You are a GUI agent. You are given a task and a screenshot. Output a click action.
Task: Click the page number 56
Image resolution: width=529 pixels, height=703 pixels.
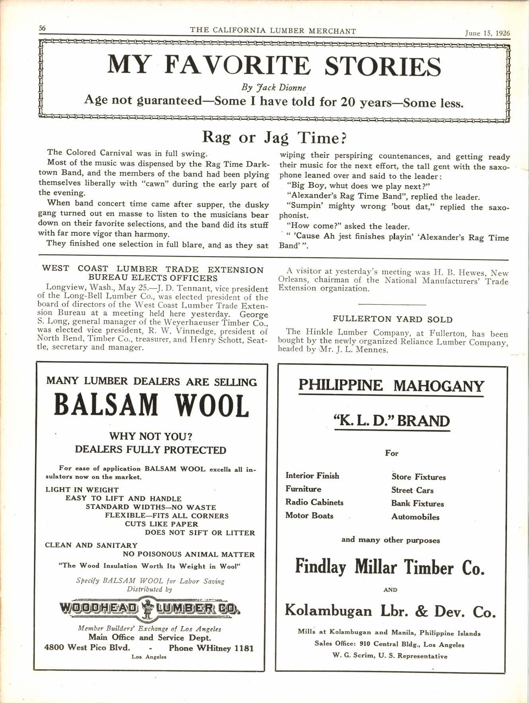[42, 28]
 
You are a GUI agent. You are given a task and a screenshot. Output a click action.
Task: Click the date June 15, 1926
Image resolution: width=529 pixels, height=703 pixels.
[487, 33]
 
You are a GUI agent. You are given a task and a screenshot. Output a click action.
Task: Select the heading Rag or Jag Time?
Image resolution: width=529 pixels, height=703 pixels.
[275, 137]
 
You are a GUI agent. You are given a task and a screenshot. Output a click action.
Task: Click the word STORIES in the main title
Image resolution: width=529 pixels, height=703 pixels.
[382, 66]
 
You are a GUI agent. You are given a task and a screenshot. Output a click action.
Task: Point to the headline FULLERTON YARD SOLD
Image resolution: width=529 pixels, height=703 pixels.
[392, 319]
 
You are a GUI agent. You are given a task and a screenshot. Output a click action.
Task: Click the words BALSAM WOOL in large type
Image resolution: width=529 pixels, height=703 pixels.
[151, 405]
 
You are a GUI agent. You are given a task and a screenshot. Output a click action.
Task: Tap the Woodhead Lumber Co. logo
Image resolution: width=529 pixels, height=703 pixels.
[150, 608]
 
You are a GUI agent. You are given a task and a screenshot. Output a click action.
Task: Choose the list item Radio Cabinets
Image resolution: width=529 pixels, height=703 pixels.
[314, 502]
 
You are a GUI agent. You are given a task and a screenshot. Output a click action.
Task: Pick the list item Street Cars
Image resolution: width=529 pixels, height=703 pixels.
[412, 490]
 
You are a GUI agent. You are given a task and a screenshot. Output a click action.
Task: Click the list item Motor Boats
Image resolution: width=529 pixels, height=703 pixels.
[309, 515]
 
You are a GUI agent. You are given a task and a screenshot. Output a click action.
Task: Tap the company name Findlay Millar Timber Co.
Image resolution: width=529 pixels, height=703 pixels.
[390, 567]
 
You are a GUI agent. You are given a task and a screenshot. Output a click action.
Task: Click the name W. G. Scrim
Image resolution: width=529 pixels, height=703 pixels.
[355, 656]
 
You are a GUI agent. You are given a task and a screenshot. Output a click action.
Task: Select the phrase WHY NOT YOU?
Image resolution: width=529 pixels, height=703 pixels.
[151, 436]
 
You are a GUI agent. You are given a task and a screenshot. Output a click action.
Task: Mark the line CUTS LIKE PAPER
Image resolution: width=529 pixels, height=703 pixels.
[161, 524]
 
